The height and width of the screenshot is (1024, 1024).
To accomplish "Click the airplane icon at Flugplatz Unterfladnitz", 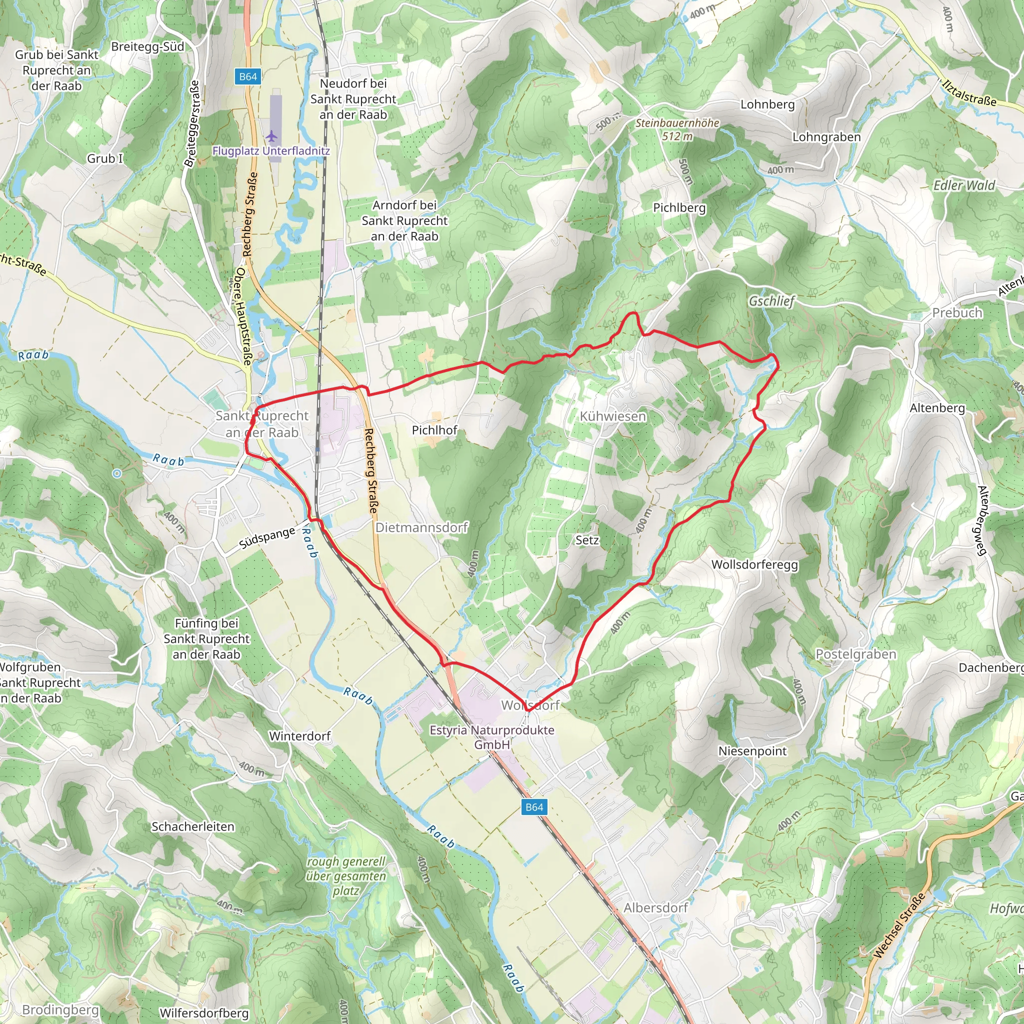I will coord(272,136).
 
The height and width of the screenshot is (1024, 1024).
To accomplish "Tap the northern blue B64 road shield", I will coord(247,77).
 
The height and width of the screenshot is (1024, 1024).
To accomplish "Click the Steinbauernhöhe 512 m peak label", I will coord(677,129).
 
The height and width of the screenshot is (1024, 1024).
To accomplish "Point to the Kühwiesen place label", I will coord(612,416).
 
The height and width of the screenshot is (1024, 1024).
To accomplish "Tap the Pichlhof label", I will coord(434,430).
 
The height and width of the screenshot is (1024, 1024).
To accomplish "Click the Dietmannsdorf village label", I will coord(421,527).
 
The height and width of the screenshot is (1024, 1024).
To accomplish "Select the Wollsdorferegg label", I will coord(754,564).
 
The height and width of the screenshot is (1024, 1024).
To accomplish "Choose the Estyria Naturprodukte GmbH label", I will coord(492,736).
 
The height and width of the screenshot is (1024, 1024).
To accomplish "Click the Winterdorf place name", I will coord(299,736).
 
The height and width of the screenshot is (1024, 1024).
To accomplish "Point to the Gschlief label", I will coord(771,301).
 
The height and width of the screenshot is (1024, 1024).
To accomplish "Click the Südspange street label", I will coord(267,537).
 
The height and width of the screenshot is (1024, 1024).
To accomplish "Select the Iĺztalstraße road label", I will coord(969,93).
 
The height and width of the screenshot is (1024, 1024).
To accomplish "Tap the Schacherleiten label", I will coord(193,827).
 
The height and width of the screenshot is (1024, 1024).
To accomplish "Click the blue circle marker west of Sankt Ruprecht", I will coord(117,473).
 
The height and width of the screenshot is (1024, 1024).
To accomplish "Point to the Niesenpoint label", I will coord(752,751).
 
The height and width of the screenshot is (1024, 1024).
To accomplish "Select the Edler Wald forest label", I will coord(964,185).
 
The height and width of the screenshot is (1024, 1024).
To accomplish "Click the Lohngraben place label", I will coord(826,136).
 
